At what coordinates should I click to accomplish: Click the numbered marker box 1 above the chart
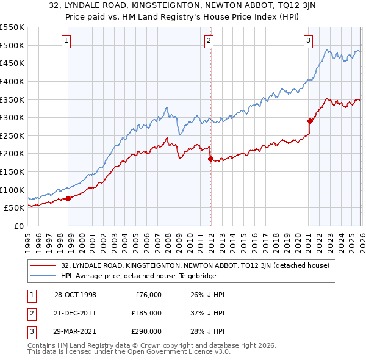[66, 41]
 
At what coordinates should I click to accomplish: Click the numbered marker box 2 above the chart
[209, 41]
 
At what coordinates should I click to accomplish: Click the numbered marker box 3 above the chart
[308, 41]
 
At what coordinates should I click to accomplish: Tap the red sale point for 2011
[210, 159]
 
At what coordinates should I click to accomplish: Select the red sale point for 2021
[310, 121]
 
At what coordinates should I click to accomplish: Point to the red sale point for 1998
[68, 198]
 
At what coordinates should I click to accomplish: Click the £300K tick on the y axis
[12, 117]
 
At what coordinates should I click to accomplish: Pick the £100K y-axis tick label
[12, 190]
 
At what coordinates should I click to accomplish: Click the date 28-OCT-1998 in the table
[75, 295]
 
